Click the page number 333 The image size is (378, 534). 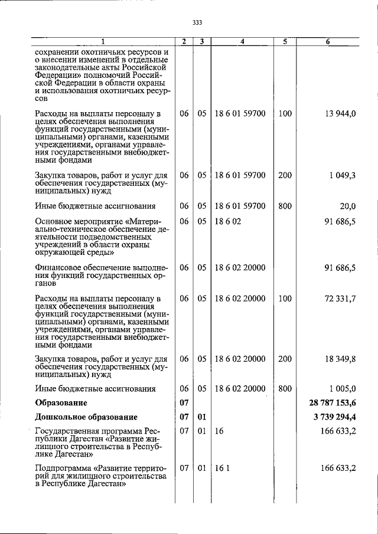click(197, 23)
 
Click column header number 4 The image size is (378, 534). click(242, 42)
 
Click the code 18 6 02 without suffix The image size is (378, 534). click(227, 221)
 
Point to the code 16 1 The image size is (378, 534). click(221, 468)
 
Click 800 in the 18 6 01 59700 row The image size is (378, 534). click(285, 206)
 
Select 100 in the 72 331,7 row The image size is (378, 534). click(285, 299)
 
